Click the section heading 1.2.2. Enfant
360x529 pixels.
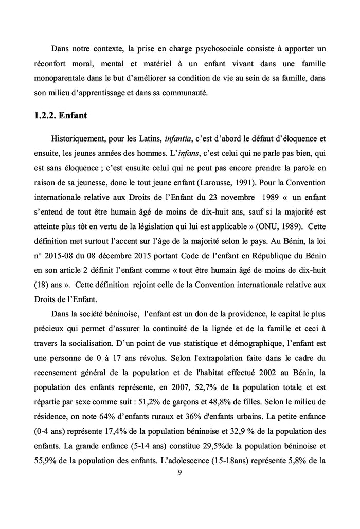[x=57, y=116]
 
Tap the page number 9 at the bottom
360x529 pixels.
[x=179, y=474]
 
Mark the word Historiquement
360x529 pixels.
[x=78, y=138]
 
